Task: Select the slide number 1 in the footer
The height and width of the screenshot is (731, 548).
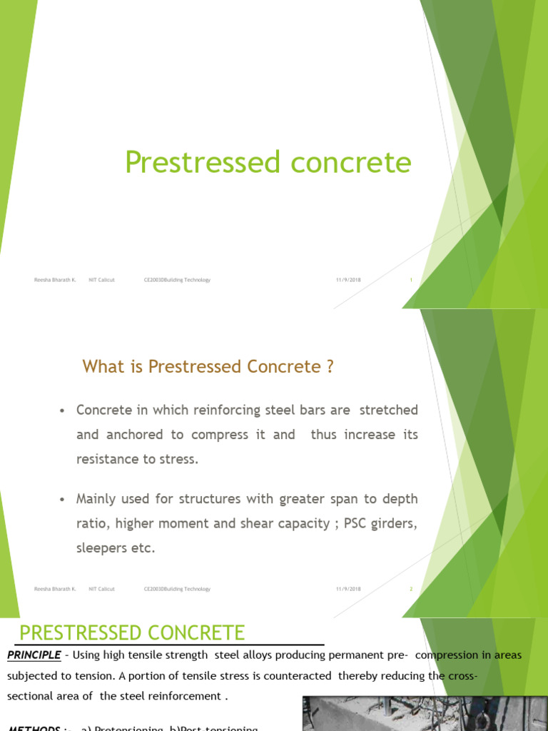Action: pos(411,280)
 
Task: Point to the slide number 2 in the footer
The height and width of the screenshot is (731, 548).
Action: pos(411,589)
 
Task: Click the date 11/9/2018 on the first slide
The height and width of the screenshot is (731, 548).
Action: pos(348,280)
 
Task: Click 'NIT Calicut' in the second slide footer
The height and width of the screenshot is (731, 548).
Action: pos(101,589)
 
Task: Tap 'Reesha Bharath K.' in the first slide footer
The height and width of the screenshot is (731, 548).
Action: pos(55,280)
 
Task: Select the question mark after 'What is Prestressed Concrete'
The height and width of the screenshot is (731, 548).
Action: pos(330,367)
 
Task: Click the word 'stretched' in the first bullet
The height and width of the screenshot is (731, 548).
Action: pos(388,410)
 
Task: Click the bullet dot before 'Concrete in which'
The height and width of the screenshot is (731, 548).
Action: pos(63,411)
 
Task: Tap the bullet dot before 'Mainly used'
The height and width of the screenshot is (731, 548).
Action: pos(63,500)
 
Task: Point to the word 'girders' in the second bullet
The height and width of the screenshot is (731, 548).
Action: pos(392,523)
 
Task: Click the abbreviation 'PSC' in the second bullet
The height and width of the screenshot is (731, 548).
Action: pos(354,523)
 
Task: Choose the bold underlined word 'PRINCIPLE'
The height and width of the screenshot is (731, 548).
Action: pos(34,655)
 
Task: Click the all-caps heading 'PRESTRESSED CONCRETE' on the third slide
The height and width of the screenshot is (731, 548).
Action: pos(132,632)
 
